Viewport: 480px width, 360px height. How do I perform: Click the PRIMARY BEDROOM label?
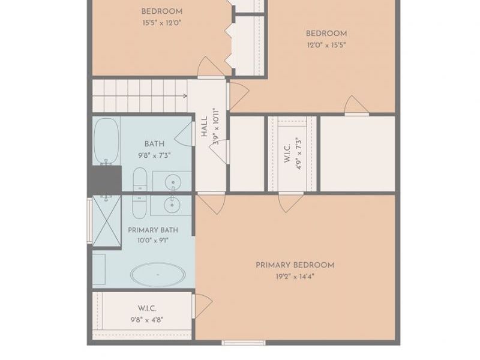tap(295, 265)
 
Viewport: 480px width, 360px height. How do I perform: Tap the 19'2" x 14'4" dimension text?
tap(295, 277)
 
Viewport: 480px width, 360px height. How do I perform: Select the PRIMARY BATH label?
tap(153, 230)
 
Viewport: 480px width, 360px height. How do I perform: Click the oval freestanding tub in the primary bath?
tap(158, 275)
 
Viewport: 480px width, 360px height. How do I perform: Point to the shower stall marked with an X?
tap(107, 221)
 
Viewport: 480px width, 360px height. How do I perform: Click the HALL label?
tap(204, 126)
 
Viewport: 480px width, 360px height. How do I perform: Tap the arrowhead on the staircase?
tap(185, 96)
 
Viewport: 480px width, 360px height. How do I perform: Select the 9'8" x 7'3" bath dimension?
tap(154, 155)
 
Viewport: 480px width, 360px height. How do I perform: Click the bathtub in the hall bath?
tap(106, 140)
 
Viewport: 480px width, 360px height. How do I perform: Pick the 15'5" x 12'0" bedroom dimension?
tap(162, 23)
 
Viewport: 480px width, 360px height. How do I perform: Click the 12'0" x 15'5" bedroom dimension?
tap(326, 46)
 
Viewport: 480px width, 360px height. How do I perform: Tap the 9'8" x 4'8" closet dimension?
tap(147, 320)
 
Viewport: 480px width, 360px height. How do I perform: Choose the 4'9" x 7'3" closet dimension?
tap(299, 154)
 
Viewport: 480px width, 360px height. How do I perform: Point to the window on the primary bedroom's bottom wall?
tap(244, 343)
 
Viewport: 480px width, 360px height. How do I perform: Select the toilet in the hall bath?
tap(140, 179)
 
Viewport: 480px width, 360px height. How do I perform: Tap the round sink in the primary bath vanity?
tap(172, 205)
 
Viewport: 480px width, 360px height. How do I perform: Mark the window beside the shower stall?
tap(89, 221)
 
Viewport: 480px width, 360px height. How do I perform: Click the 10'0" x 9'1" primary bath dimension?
tap(153, 241)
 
